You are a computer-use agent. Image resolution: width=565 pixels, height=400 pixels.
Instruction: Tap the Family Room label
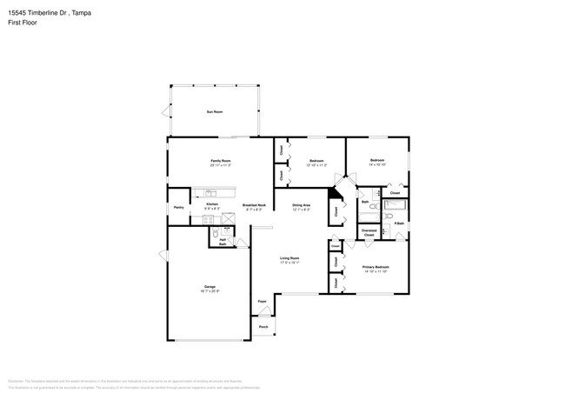221,160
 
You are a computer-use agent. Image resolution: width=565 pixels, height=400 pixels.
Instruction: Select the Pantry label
178,207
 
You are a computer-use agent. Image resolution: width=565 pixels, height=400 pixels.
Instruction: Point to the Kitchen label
212,203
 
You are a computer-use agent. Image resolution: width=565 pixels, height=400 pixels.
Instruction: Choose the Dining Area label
302,205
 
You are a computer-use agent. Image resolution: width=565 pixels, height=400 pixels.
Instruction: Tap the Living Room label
289,257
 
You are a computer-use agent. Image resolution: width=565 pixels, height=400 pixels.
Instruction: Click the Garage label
209,286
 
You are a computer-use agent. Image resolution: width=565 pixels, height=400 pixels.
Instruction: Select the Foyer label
262,302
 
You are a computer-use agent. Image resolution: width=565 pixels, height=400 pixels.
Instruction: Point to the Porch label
263,327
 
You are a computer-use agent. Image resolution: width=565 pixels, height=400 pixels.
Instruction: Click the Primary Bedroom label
376,267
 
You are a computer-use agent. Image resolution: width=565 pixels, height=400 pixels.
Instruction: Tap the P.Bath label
399,223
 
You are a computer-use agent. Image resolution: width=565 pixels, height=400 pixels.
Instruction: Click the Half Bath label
223,241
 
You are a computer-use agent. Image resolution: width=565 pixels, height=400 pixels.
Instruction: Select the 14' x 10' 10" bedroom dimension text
377,164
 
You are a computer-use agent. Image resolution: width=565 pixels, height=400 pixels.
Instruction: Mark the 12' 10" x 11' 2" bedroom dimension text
317,164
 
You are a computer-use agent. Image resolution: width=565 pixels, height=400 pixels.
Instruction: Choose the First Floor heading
23,23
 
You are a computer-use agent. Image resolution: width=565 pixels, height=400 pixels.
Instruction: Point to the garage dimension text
209,290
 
